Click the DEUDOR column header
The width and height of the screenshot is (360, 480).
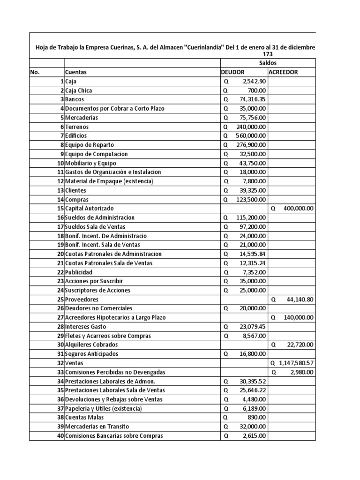pyautogui.click(x=233, y=72)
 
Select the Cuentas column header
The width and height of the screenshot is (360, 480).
pyautogui.click(x=75, y=72)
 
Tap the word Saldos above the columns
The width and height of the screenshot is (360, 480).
pyautogui.click(x=268, y=63)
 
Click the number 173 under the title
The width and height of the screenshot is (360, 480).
pyautogui.click(x=268, y=54)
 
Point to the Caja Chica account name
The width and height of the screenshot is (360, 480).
pyautogui.click(x=79, y=90)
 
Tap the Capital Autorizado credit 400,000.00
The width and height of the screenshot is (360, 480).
pyautogui.click(x=298, y=209)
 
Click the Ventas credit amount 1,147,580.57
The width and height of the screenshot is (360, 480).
pyautogui.click(x=296, y=363)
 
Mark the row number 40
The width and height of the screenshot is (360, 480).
pyautogui.click(x=60, y=436)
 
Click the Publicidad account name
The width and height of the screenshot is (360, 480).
pyautogui.click(x=79, y=272)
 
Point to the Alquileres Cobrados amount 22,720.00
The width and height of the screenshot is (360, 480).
pyautogui.click(x=300, y=345)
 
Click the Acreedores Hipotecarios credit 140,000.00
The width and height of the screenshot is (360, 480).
pyautogui.click(x=298, y=318)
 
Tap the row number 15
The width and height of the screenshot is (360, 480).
pyautogui.click(x=60, y=209)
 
